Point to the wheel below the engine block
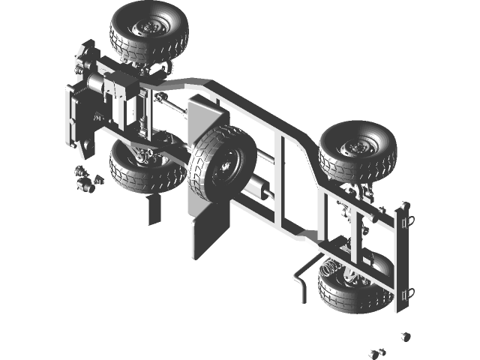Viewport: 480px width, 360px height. (x=147, y=166)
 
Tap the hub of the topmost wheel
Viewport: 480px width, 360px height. (x=143, y=28)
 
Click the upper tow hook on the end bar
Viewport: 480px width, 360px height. (x=407, y=217)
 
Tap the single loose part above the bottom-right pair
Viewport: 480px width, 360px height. (x=405, y=336)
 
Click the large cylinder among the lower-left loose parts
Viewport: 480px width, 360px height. (x=84, y=184)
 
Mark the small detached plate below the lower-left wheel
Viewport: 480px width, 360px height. (x=153, y=210)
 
